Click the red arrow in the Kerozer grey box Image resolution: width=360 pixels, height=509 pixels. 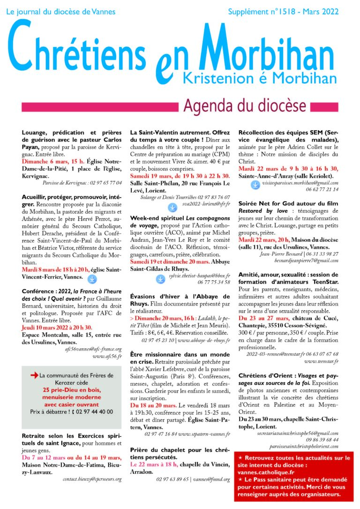pyautogui.click(x=34, y=375)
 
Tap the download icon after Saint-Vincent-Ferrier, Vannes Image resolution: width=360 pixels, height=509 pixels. pyautogui.click(x=92, y=279)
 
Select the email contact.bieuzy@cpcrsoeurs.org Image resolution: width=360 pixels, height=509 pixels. pyautogui.click(x=92, y=479)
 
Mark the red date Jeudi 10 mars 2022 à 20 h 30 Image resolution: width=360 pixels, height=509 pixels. pyautogui.click(x=56, y=327)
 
